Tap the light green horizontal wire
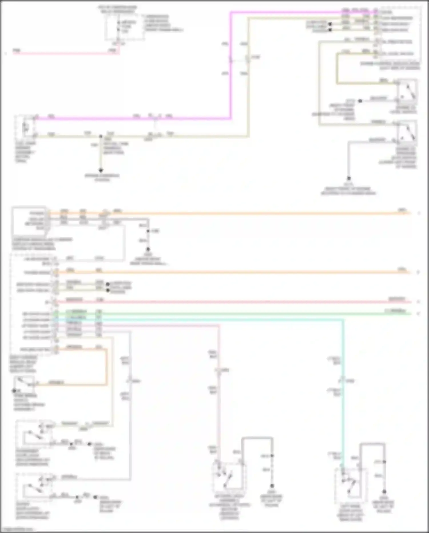(229, 314)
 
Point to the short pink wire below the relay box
(66, 53)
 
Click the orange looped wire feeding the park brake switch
(107, 367)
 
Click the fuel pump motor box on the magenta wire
(25, 126)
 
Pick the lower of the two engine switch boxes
(407, 132)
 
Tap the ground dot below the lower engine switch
(349, 178)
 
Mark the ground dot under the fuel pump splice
(101, 170)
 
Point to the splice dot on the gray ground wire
(148, 231)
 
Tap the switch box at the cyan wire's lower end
(350, 483)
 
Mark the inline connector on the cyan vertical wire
(343, 381)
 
